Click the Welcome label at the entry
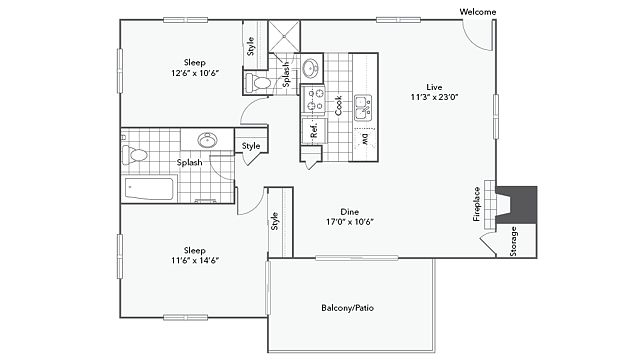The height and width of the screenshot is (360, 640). [x=478, y=12]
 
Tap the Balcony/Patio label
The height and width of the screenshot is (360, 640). [x=347, y=308]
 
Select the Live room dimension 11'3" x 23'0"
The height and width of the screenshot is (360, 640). [x=434, y=97]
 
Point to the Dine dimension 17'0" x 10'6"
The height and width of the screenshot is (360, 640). [x=350, y=222]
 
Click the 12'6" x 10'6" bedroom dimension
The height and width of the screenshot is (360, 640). [x=195, y=73]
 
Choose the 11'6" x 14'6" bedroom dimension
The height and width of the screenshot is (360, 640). [x=195, y=260]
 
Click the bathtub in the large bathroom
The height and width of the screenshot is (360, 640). [x=149, y=189]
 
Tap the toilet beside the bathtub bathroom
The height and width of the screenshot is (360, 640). [x=135, y=154]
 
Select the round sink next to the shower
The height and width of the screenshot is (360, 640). [x=312, y=68]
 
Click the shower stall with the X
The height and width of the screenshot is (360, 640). [x=284, y=36]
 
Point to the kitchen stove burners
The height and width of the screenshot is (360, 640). [x=313, y=100]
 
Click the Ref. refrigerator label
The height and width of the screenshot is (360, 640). [x=314, y=130]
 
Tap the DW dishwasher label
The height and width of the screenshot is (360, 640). [x=365, y=139]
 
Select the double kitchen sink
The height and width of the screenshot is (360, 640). [x=363, y=107]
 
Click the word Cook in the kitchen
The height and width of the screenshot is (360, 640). [x=338, y=106]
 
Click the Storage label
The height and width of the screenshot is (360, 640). [x=513, y=241]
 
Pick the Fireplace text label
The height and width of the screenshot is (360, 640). [x=476, y=204]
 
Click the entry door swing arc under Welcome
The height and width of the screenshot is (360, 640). [x=473, y=42]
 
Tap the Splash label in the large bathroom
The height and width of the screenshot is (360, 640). [x=189, y=162]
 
